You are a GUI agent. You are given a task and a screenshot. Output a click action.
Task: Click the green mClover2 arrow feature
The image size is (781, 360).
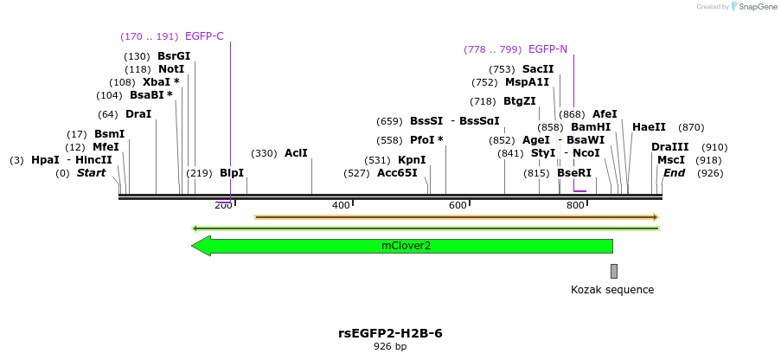407,246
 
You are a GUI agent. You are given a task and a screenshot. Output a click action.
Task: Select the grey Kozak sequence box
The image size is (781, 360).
614,271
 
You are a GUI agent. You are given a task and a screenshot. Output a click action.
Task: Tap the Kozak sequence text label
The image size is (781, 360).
612,290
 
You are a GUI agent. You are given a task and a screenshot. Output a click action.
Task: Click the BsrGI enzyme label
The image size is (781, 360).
174,56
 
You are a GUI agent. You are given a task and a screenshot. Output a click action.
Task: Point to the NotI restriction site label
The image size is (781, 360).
171,69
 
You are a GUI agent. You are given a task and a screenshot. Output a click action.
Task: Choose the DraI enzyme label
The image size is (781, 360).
138,114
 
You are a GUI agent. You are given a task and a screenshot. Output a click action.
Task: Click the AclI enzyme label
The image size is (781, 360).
296,153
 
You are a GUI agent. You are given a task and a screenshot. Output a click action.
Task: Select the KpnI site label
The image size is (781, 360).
412,160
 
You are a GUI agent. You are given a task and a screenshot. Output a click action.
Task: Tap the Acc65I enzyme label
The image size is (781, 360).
397,173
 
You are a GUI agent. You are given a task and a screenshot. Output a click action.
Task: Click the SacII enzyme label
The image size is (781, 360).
538,69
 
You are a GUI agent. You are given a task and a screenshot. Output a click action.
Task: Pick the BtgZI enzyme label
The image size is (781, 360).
520,101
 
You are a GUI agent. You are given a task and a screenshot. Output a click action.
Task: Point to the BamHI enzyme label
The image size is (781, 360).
591,127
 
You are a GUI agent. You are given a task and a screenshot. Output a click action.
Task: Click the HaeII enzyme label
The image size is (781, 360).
649,127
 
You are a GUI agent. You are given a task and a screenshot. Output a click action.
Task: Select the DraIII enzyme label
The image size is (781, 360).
670,147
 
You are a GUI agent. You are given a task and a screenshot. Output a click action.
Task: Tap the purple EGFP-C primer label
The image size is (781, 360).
204,36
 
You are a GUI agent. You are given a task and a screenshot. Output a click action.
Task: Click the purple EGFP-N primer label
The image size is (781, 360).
547,49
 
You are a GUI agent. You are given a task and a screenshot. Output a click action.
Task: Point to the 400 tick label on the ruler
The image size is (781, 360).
342,205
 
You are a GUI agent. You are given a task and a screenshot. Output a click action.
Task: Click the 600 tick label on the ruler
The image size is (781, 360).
458,205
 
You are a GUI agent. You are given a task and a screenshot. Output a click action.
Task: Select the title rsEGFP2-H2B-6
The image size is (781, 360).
390,333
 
